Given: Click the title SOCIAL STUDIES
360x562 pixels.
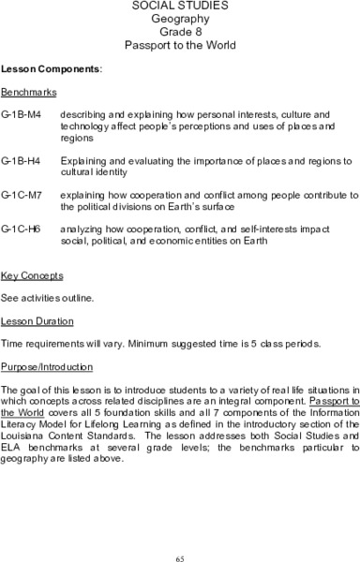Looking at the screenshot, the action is point(179,7).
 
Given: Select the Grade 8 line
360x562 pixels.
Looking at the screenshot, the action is point(179,31).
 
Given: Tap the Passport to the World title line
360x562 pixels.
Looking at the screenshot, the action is point(179,44).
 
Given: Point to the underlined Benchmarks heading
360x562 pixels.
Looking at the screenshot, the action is point(29,93).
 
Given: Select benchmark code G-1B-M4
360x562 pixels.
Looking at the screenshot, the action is point(21,114).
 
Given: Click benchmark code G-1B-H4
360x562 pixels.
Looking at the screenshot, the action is point(21,161).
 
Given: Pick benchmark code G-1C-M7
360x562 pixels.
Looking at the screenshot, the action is point(21,195).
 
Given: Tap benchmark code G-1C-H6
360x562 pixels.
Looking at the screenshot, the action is point(21,229).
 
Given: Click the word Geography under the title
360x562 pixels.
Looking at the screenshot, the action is point(179,19).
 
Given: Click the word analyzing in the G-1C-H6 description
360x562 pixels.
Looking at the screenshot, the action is point(82,229).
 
